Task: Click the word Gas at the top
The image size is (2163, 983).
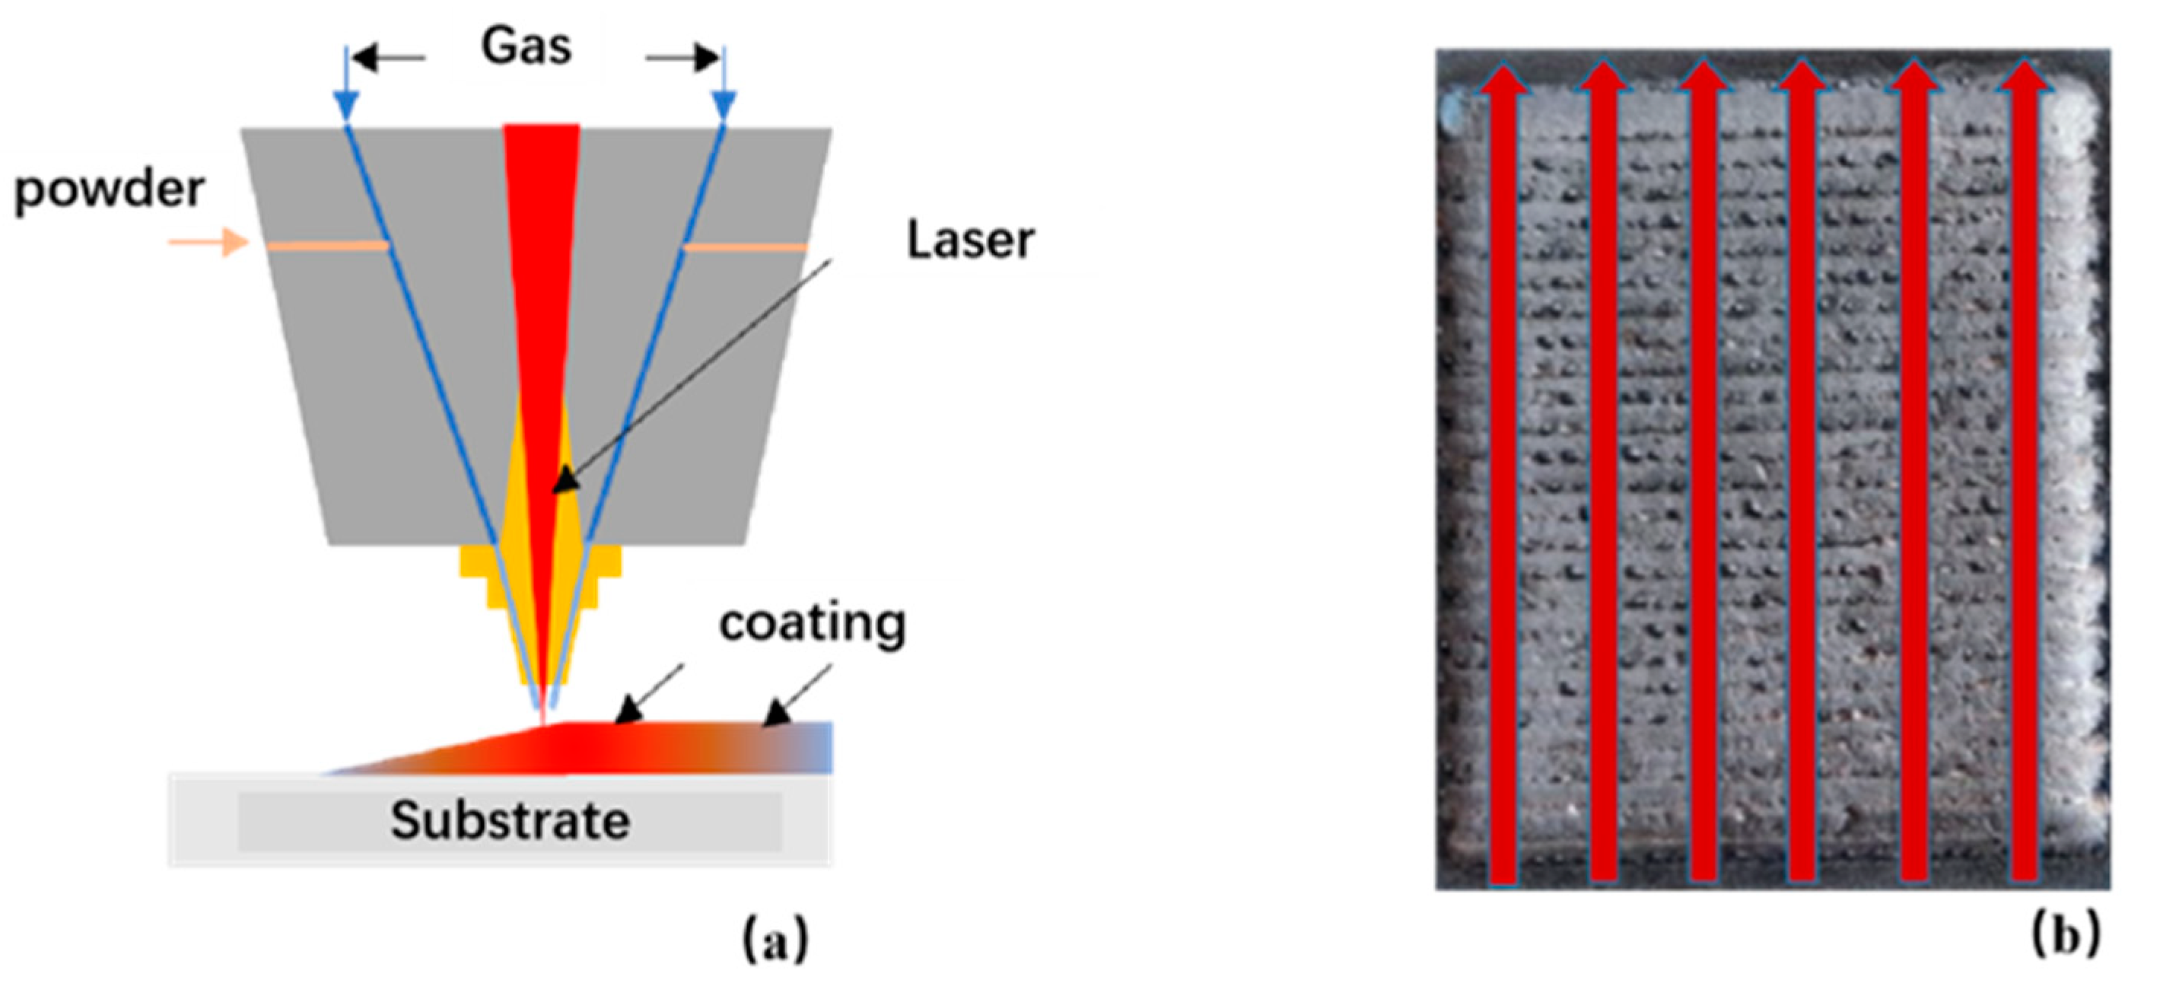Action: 526,46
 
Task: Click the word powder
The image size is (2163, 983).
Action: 109,189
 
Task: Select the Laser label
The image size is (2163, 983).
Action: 970,241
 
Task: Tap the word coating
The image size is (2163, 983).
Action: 812,623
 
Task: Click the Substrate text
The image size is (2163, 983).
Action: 510,820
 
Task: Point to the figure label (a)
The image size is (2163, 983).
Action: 775,940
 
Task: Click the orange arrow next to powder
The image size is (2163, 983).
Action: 209,243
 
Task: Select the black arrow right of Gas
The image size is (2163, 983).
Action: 682,58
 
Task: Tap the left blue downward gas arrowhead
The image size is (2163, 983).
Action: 346,104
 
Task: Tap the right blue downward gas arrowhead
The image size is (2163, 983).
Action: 724,104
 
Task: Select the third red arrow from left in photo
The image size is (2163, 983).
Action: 1703,470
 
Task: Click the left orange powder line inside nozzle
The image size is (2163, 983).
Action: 327,246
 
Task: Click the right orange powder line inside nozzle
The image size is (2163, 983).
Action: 745,247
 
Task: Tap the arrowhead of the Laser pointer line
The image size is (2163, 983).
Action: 565,480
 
